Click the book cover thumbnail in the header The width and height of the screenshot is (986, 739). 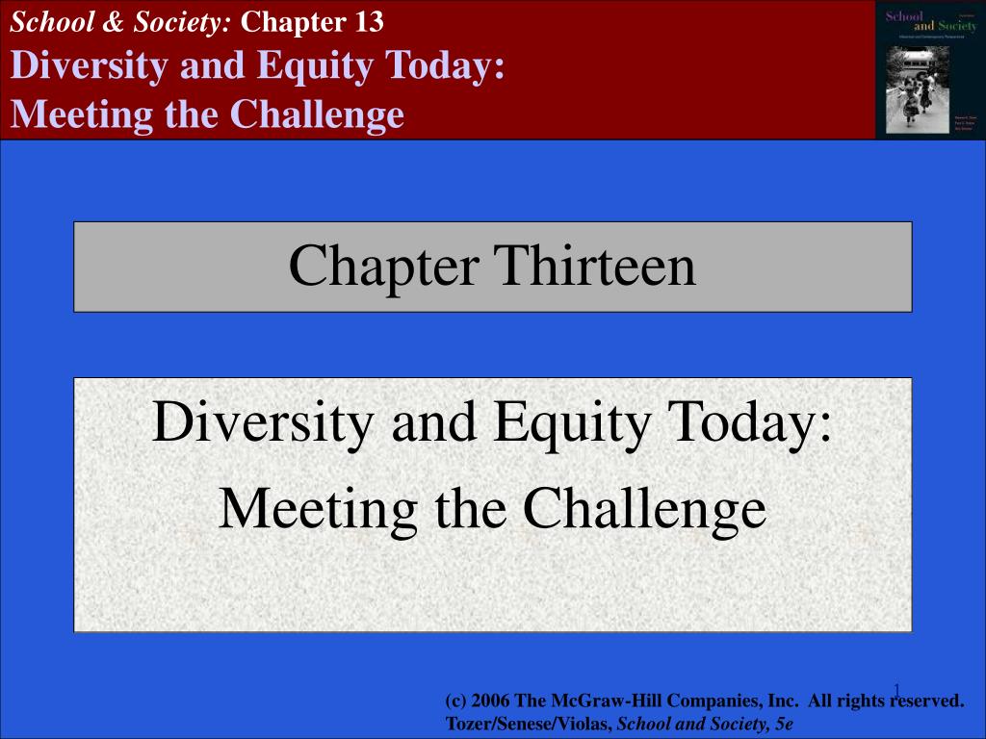930,69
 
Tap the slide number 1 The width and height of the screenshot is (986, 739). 895,689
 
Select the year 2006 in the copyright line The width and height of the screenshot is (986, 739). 489,701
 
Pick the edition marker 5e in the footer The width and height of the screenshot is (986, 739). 782,722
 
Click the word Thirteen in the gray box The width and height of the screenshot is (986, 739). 595,267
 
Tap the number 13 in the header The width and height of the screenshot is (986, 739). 366,22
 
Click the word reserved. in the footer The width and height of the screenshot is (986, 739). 924,701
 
